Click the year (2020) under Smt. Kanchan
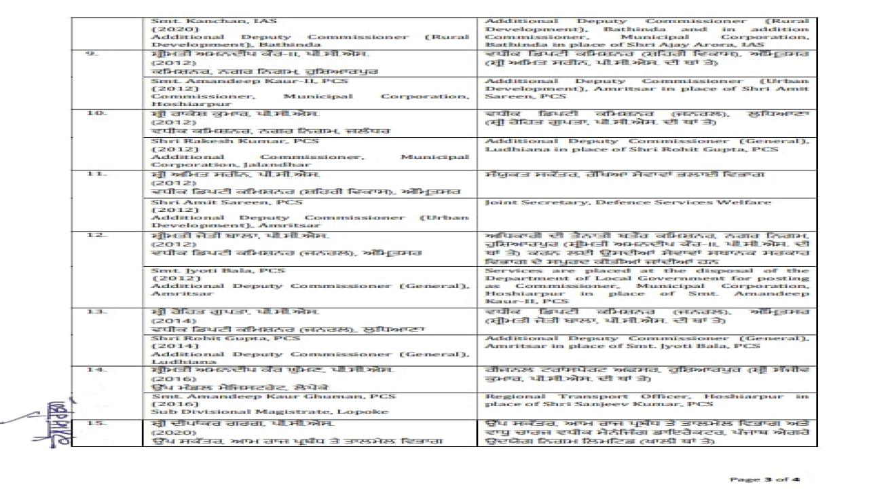click(x=166, y=31)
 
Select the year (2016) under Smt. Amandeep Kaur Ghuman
click(x=166, y=403)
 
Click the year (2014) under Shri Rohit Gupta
click(x=166, y=346)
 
